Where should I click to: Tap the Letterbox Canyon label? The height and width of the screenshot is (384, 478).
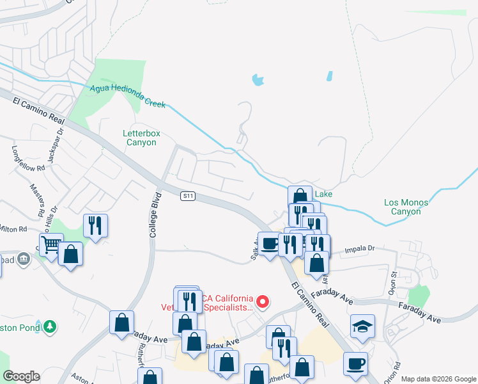pyautogui.click(x=139, y=138)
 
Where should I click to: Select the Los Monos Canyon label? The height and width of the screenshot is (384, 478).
pyautogui.click(x=406, y=207)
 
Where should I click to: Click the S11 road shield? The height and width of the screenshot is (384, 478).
pyautogui.click(x=187, y=195)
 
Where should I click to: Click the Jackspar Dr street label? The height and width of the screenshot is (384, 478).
pyautogui.click(x=61, y=138)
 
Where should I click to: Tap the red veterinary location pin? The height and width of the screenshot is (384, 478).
pyautogui.click(x=261, y=301)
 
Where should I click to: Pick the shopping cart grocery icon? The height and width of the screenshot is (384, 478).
pyautogui.click(x=51, y=244)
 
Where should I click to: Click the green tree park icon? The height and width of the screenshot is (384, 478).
pyautogui.click(x=49, y=326)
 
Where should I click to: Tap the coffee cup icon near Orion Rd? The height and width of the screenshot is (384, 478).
pyautogui.click(x=355, y=364)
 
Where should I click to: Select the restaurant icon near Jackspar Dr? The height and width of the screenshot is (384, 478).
pyautogui.click(x=95, y=225)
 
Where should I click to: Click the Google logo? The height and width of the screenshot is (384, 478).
pyautogui.click(x=21, y=376)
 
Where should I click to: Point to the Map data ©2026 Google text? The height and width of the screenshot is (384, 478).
pyautogui.click(x=438, y=379)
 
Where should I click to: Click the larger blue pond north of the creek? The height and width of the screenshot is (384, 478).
pyautogui.click(x=258, y=80)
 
